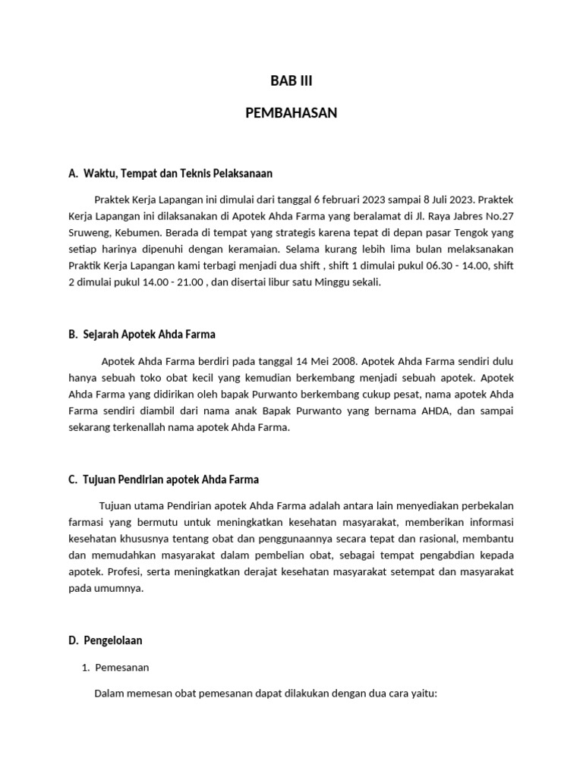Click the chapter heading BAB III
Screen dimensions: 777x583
pyautogui.click(x=291, y=82)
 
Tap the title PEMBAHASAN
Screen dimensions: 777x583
pyautogui.click(x=291, y=113)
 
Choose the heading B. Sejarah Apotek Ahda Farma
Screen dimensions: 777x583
pyautogui.click(x=142, y=333)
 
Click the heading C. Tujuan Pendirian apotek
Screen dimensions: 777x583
pyautogui.click(x=163, y=480)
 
